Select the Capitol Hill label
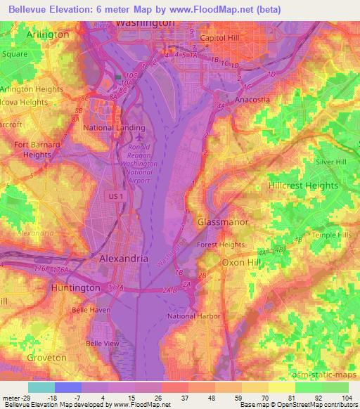tap(221, 38)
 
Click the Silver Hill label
tap(331, 162)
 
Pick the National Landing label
tap(115, 128)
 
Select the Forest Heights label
tap(220, 245)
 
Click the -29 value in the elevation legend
tap(28, 398)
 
